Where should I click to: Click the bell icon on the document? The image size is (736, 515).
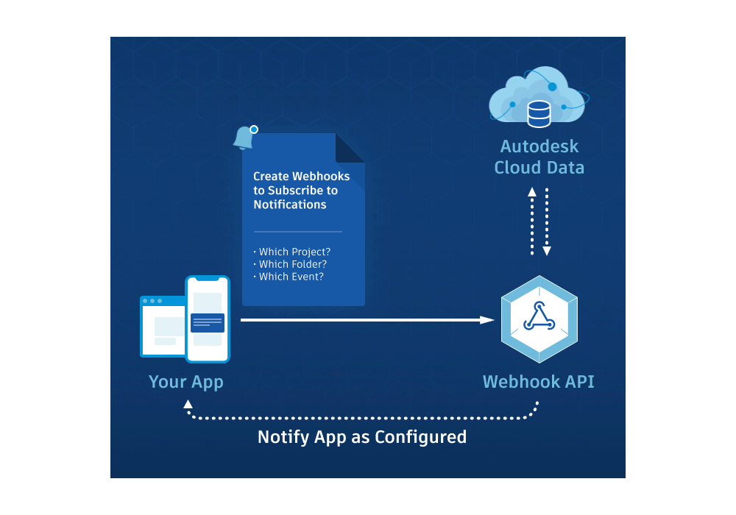tap(244, 138)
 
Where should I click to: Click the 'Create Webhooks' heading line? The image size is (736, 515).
tap(301, 177)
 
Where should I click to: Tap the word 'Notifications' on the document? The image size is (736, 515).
tap(290, 205)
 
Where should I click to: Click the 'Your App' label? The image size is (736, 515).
tap(185, 382)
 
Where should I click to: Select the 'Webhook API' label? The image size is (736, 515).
tap(538, 382)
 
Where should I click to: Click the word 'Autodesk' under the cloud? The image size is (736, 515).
tap(539, 146)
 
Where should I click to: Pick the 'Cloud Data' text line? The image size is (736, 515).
tap(539, 168)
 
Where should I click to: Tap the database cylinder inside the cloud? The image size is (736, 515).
tap(539, 113)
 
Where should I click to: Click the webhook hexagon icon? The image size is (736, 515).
tap(539, 319)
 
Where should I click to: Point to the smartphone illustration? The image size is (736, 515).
tap(208, 319)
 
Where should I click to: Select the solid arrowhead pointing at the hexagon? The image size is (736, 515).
tap(486, 320)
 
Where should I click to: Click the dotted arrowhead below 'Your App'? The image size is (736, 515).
tap(188, 404)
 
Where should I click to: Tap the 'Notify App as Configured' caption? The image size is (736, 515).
tap(362, 437)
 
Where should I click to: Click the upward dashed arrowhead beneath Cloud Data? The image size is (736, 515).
tap(532, 193)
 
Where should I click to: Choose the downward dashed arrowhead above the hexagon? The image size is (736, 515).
tap(547, 251)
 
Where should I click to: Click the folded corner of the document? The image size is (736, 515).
tap(350, 148)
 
